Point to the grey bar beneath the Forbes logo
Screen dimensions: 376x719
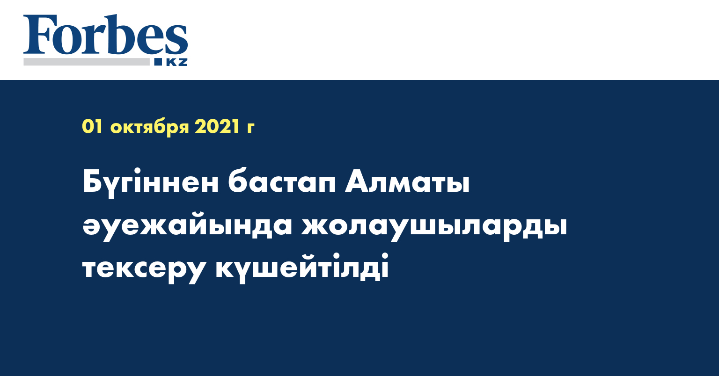click(87, 62)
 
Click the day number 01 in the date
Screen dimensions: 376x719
click(92, 127)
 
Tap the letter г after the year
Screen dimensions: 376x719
click(250, 128)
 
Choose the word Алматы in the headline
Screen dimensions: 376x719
click(407, 183)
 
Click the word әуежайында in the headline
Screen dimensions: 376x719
click(187, 227)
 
